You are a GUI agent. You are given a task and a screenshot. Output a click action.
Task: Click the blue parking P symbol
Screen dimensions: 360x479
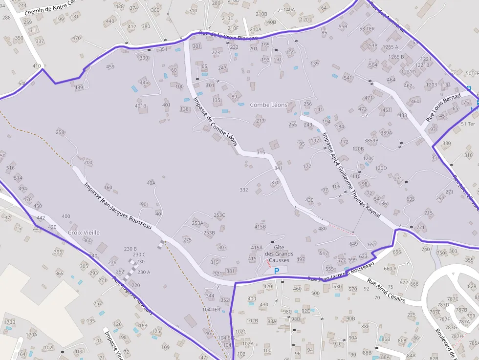(277, 271)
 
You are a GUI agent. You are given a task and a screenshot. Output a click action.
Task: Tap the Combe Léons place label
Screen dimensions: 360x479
(269, 105)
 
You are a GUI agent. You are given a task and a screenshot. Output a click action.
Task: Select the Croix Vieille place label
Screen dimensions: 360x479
(84, 233)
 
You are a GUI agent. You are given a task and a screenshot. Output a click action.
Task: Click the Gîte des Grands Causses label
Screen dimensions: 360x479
(279, 254)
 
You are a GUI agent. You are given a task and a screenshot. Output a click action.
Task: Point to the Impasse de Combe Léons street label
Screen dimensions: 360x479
(215, 121)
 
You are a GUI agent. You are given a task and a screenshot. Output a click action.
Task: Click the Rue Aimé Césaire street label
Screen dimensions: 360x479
(386, 291)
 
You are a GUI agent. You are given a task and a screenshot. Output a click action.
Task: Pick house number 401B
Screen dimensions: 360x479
(140, 106)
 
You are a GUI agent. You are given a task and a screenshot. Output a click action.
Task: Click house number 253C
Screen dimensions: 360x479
(219, 215)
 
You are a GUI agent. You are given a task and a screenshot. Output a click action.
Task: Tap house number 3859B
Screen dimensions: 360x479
(371, 141)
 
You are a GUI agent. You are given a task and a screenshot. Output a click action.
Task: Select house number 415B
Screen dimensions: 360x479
(260, 227)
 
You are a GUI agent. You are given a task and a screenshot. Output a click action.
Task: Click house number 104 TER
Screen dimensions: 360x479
(211, 310)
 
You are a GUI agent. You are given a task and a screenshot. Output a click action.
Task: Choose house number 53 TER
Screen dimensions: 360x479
(367, 29)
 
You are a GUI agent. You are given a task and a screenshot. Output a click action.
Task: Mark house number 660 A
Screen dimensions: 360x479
(390, 269)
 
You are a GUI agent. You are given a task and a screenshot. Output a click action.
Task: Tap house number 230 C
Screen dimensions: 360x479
(139, 254)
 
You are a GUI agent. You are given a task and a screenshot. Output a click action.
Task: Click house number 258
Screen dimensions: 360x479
(60, 132)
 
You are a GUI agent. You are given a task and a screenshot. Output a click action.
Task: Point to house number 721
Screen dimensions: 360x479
(420, 228)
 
